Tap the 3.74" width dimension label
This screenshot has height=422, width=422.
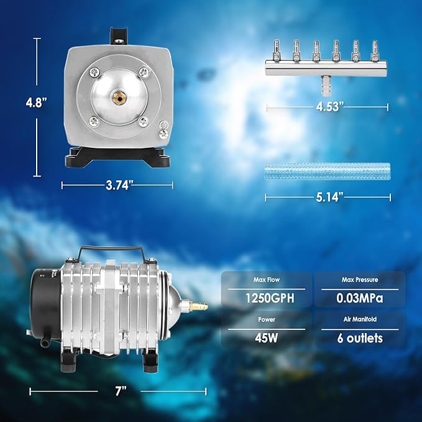coord(117,185)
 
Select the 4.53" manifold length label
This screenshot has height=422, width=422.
coord(327,108)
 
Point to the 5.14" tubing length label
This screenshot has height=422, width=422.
coord(327,198)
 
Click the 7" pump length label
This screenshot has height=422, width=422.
coord(121,392)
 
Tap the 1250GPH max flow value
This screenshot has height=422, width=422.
coord(268,298)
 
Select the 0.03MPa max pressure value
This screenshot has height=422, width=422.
coord(360,298)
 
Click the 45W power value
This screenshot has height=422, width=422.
coord(268,338)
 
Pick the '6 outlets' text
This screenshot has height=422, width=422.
coord(360,338)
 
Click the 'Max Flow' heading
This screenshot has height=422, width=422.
coord(268,280)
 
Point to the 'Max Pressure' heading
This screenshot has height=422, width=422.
coord(360,280)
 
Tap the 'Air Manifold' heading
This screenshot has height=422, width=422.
coord(360,321)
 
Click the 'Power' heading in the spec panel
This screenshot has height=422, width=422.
coord(268,321)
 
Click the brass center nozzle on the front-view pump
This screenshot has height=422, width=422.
coord(117,98)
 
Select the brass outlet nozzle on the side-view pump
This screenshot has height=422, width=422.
coord(198,306)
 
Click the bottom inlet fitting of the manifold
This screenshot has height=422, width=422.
coord(324,82)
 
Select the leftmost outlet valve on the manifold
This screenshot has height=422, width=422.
coord(273,48)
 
